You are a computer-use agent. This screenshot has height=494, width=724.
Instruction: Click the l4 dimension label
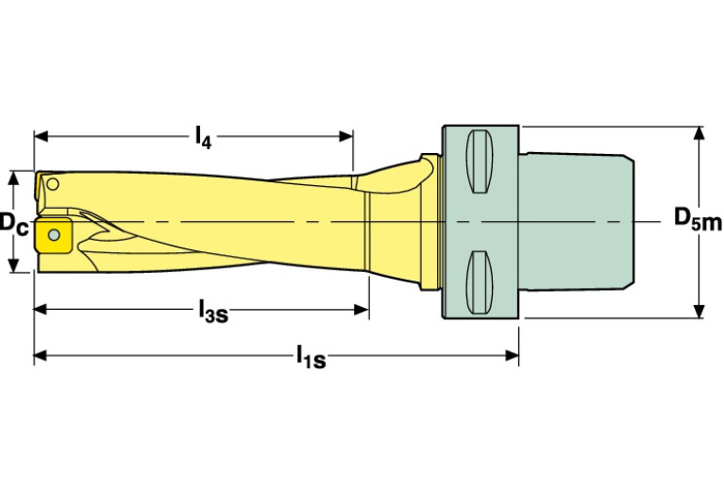[202, 138]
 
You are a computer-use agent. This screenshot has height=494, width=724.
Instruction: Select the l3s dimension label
[212, 310]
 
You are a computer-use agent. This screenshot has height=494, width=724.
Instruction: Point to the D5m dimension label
[697, 219]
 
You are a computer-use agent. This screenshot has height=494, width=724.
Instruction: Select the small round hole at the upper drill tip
[54, 183]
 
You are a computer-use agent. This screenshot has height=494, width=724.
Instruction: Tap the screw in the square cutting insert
[55, 232]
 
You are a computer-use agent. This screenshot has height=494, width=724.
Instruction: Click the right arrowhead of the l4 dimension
[347, 136]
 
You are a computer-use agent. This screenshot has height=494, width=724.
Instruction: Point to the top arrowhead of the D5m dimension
[699, 132]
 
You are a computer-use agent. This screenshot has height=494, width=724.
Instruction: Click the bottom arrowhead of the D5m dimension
[699, 313]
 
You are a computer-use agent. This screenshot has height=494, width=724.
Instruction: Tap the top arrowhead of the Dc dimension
[13, 178]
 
